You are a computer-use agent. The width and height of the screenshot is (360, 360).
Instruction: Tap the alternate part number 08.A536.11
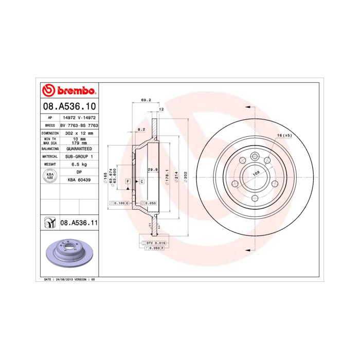(x=79, y=223)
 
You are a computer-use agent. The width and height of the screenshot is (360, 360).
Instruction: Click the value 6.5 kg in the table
(x=79, y=164)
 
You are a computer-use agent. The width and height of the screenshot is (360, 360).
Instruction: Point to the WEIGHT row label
(x=50, y=164)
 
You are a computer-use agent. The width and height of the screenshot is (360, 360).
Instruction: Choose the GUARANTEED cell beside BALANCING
(x=79, y=148)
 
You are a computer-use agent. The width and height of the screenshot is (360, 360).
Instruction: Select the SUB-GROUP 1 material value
(x=79, y=156)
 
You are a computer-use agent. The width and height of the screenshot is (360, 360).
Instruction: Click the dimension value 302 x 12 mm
(x=79, y=133)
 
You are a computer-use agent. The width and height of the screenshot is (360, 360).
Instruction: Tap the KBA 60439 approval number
(x=79, y=180)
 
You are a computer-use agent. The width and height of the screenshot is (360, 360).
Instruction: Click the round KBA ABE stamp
(x=50, y=176)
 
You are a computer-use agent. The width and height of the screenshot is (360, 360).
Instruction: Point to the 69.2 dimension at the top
(x=145, y=101)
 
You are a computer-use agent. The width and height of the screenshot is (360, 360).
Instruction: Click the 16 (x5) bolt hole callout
(x=284, y=135)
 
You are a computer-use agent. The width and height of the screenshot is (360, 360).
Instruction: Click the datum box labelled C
(x=141, y=182)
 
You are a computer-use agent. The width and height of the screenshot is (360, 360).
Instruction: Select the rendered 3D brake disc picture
(x=68, y=255)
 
